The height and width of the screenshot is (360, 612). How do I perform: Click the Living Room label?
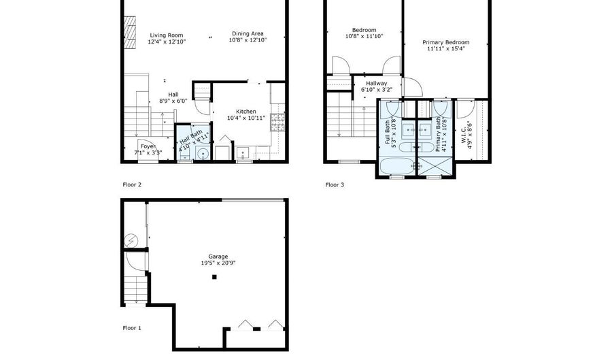[167, 34]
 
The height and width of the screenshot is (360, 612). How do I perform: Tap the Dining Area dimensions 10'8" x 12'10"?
[248, 41]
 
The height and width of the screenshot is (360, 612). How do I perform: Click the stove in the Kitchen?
[277, 122]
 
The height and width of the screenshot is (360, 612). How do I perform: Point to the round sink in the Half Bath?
[201, 154]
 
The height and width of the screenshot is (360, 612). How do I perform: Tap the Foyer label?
[148, 146]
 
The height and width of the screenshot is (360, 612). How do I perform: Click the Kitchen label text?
[245, 112]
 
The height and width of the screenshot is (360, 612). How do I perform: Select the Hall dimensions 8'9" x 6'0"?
[173, 101]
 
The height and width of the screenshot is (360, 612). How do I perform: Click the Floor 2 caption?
[131, 184]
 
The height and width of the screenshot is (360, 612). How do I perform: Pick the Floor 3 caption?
[335, 184]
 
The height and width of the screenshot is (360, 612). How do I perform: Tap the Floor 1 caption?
[131, 328]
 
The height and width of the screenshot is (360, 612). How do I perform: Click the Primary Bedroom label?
[448, 42]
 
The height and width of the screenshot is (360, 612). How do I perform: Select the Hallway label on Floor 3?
[376, 83]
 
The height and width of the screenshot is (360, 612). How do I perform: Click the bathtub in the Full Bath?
[394, 167]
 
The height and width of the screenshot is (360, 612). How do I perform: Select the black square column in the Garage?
[214, 277]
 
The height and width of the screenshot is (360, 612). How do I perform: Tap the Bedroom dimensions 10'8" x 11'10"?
[364, 36]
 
